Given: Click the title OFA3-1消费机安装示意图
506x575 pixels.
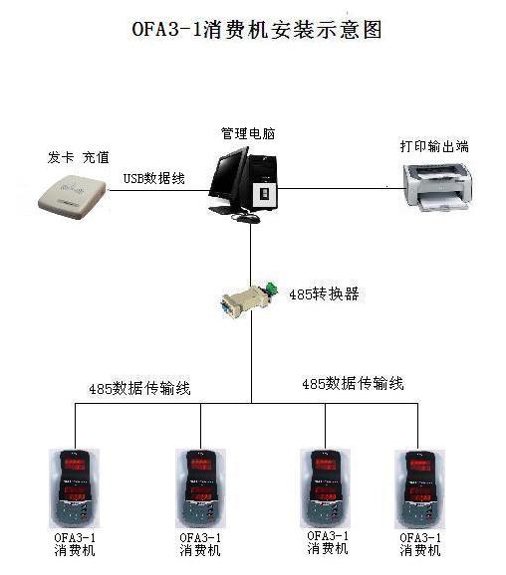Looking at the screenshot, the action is (x=257, y=30).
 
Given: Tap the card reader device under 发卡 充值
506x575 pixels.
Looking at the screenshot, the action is (x=72, y=196).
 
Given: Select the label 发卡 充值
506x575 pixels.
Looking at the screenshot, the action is (x=79, y=157).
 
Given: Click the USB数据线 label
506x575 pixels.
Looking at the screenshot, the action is (x=153, y=178).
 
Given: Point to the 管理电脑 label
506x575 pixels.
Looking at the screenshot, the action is (x=248, y=133).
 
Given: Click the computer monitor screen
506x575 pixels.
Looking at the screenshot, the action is (x=229, y=178).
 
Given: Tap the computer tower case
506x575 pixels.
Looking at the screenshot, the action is (x=262, y=182).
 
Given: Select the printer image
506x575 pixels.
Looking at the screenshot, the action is (x=436, y=188).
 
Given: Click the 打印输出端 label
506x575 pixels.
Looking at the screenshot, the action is (x=434, y=146).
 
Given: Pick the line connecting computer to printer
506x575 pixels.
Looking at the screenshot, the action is (x=340, y=188).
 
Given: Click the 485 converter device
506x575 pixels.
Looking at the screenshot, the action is (x=249, y=300).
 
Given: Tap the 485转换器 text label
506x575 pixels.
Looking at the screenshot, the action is (x=324, y=294).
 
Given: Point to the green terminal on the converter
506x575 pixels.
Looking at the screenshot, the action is (x=271, y=287).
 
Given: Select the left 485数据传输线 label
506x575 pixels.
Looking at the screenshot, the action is (x=139, y=388).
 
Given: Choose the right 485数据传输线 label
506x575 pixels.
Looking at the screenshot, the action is (x=353, y=384).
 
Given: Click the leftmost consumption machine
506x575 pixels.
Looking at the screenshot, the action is (x=74, y=488).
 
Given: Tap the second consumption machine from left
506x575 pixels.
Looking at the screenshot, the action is (x=200, y=488).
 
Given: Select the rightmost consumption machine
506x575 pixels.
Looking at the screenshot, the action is (x=419, y=488).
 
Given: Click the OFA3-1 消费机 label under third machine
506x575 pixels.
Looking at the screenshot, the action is (x=328, y=543).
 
